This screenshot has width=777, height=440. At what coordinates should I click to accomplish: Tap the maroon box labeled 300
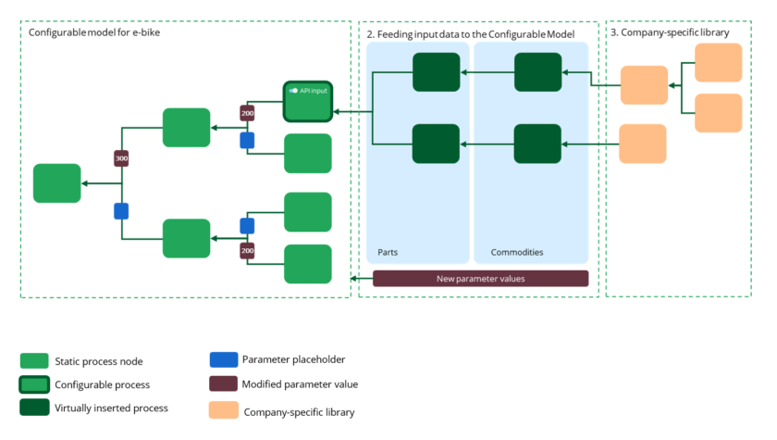121,159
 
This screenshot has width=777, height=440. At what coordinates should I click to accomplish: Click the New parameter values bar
480,279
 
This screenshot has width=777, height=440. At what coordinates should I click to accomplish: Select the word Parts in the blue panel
388,252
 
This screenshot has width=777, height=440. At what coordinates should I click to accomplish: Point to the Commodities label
516,252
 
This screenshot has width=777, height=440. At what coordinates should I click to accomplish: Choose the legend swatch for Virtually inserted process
34,408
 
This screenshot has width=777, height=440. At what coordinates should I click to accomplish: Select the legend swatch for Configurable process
34,384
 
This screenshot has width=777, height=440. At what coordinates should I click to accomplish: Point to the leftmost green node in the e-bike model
56,182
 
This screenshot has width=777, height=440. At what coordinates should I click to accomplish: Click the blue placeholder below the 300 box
121,210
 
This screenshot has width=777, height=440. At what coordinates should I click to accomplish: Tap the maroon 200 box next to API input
247,113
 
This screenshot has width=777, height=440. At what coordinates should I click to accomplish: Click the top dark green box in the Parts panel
436,72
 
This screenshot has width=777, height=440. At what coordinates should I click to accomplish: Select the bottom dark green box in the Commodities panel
537,144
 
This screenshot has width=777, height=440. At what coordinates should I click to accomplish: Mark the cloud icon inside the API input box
293,91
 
